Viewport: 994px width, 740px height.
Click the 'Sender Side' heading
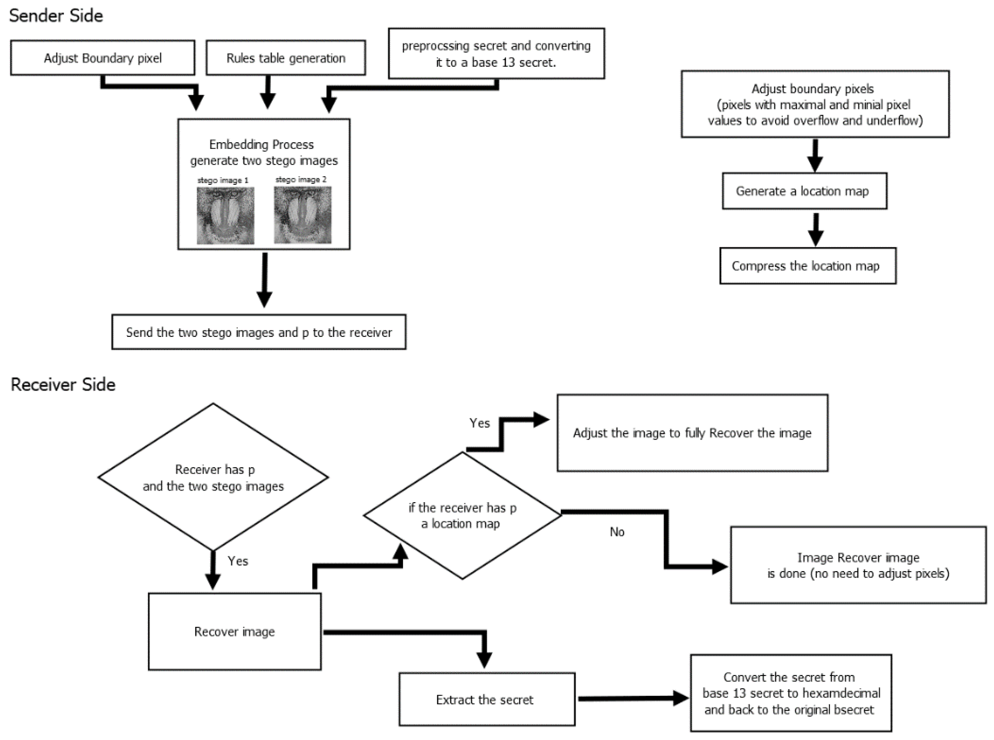(56, 16)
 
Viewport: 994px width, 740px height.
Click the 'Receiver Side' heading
(63, 384)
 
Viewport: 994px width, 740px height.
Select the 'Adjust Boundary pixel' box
(102, 58)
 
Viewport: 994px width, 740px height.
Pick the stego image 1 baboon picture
(225, 215)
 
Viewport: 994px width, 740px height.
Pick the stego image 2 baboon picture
(303, 215)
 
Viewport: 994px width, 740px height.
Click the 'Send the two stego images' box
(259, 332)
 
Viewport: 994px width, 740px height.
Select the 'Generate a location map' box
(804, 191)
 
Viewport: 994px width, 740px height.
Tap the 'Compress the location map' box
(808, 266)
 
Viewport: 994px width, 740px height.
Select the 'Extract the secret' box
(487, 699)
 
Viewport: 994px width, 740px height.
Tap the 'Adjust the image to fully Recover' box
(692, 433)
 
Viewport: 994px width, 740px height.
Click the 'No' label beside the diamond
(617, 532)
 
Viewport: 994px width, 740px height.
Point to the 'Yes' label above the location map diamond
(479, 423)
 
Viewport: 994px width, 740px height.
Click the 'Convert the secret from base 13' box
(791, 693)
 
